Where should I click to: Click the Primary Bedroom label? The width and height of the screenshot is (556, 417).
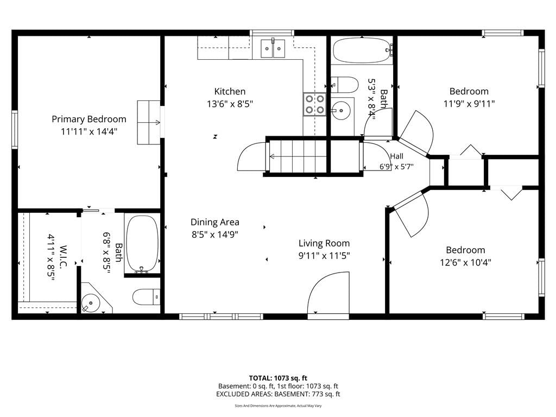click(x=89, y=119)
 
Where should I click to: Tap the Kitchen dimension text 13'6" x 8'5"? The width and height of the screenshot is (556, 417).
click(x=230, y=104)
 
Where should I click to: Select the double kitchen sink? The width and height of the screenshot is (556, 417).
click(x=273, y=48)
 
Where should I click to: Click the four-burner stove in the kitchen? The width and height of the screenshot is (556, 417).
click(x=314, y=104)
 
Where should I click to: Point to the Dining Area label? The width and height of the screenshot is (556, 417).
click(x=215, y=222)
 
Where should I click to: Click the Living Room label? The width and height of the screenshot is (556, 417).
click(x=324, y=243)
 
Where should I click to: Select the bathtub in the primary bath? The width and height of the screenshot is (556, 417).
click(x=143, y=245)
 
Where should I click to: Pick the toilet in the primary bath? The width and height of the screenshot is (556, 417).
click(x=146, y=297)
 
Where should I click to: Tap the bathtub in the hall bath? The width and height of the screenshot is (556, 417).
click(x=362, y=50)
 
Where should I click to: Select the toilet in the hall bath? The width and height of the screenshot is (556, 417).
click(x=344, y=85)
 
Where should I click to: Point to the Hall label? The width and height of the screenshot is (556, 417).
click(x=397, y=156)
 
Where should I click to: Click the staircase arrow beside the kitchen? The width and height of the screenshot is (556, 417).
click(x=298, y=156)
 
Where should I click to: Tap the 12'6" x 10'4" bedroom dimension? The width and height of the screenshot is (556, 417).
click(x=465, y=262)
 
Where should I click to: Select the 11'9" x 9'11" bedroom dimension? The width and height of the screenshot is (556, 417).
click(x=469, y=104)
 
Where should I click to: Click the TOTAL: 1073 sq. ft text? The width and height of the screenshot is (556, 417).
click(x=278, y=378)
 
